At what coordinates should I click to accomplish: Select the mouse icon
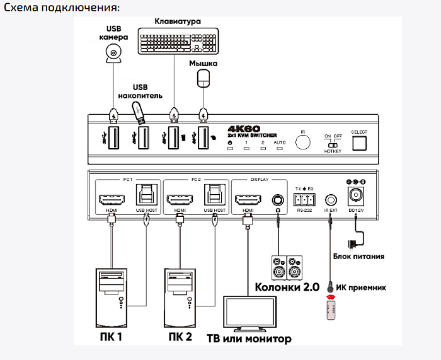pos(203,78)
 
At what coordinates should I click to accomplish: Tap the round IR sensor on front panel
pos(303,142)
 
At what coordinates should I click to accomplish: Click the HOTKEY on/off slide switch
pos(332,144)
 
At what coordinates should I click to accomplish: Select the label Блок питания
pos(358,256)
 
